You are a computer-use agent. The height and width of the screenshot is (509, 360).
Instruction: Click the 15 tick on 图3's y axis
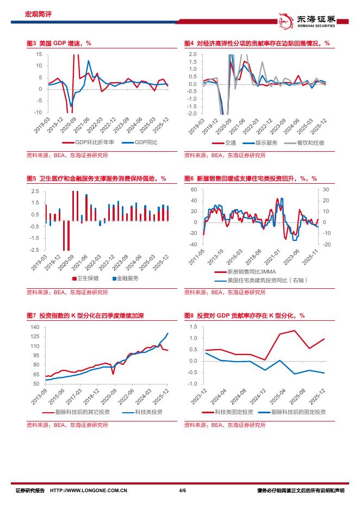point(39,54)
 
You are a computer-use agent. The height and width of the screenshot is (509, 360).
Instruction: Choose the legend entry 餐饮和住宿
point(311,143)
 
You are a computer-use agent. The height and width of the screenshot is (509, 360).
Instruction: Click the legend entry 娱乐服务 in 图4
point(266,143)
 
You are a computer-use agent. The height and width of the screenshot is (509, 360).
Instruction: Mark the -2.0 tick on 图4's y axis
point(192,114)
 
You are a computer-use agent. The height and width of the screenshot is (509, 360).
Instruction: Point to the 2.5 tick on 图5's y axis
point(35,191)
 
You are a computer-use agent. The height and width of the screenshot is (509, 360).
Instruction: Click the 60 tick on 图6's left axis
point(193,189)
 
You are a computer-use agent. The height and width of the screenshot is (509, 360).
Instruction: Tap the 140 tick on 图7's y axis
point(36,327)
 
